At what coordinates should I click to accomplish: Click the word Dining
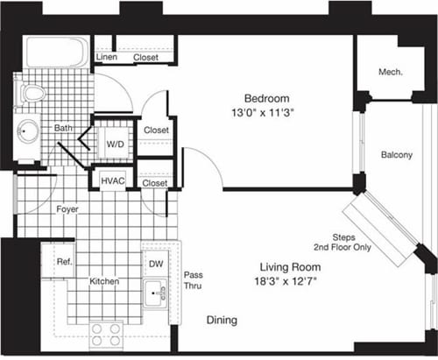pyautogui.click(x=222, y=321)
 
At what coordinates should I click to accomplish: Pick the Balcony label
pyautogui.click(x=397, y=155)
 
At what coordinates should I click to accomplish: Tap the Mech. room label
pyautogui.click(x=391, y=72)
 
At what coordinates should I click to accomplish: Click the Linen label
pyautogui.click(x=107, y=58)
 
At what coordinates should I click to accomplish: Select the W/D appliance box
pyautogui.click(x=115, y=144)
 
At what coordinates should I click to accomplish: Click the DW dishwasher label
pyautogui.click(x=156, y=261)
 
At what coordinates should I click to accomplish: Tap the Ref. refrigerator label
pyautogui.click(x=64, y=261)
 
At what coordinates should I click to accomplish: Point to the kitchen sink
pyautogui.click(x=157, y=290)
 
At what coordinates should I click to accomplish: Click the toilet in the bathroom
pyautogui.click(x=32, y=92)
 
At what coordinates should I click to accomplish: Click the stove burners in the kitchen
pyautogui.click(x=107, y=332)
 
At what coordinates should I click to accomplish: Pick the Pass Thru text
pyautogui.click(x=193, y=281)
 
